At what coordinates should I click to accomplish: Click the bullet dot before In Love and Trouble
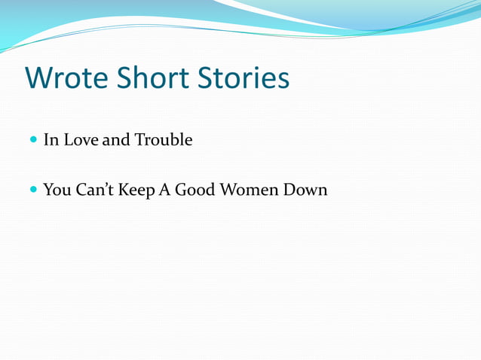(33, 140)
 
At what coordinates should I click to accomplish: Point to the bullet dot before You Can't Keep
(33, 191)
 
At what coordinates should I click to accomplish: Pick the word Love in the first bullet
(81, 140)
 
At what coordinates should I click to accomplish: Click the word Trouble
(163, 140)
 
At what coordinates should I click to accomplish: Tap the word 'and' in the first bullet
(116, 140)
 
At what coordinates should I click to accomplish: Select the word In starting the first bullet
(51, 140)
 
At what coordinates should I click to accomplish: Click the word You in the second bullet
(58, 191)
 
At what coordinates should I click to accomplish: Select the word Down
(305, 191)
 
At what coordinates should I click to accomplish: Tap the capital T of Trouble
(139, 140)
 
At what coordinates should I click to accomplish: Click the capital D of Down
(290, 191)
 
